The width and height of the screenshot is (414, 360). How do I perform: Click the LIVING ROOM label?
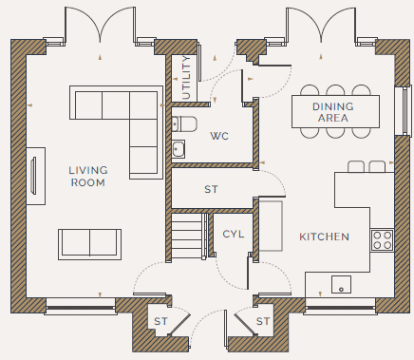88,177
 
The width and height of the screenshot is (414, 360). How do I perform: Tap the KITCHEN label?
324,237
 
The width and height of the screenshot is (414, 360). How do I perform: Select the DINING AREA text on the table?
333,112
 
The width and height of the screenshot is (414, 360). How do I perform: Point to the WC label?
219,136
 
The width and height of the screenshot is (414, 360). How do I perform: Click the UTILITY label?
187,78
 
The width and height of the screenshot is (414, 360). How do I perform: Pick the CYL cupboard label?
234,235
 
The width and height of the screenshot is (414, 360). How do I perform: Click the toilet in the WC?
184,123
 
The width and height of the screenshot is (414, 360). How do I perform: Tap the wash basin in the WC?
179,149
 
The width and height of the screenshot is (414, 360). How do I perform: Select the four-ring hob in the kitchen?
383,240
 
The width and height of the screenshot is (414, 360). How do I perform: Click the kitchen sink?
341,284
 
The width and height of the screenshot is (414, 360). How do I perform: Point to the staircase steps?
187,236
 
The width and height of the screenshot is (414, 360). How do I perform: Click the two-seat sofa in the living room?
89,244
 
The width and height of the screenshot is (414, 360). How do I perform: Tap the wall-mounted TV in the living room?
33,175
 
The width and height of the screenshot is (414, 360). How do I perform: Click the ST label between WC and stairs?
211,189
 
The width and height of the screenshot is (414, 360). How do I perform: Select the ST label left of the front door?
160,321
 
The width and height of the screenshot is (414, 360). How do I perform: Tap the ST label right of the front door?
263,321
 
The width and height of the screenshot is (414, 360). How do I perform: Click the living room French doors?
101,26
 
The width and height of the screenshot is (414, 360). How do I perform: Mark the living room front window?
81,307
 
